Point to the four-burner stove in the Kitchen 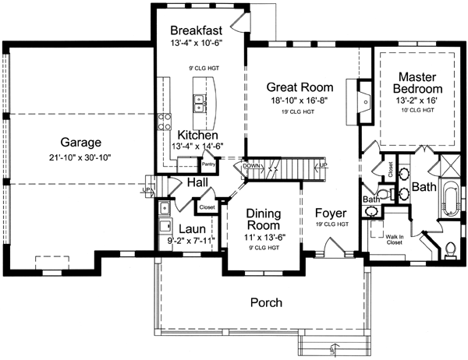[x=165, y=121]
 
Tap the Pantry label [x=207, y=164]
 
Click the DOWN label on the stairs [x=251, y=166]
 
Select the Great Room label [x=300, y=86]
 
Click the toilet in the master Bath [x=450, y=249]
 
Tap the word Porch [x=265, y=302]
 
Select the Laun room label [x=191, y=228]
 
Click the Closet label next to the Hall [x=207, y=208]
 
